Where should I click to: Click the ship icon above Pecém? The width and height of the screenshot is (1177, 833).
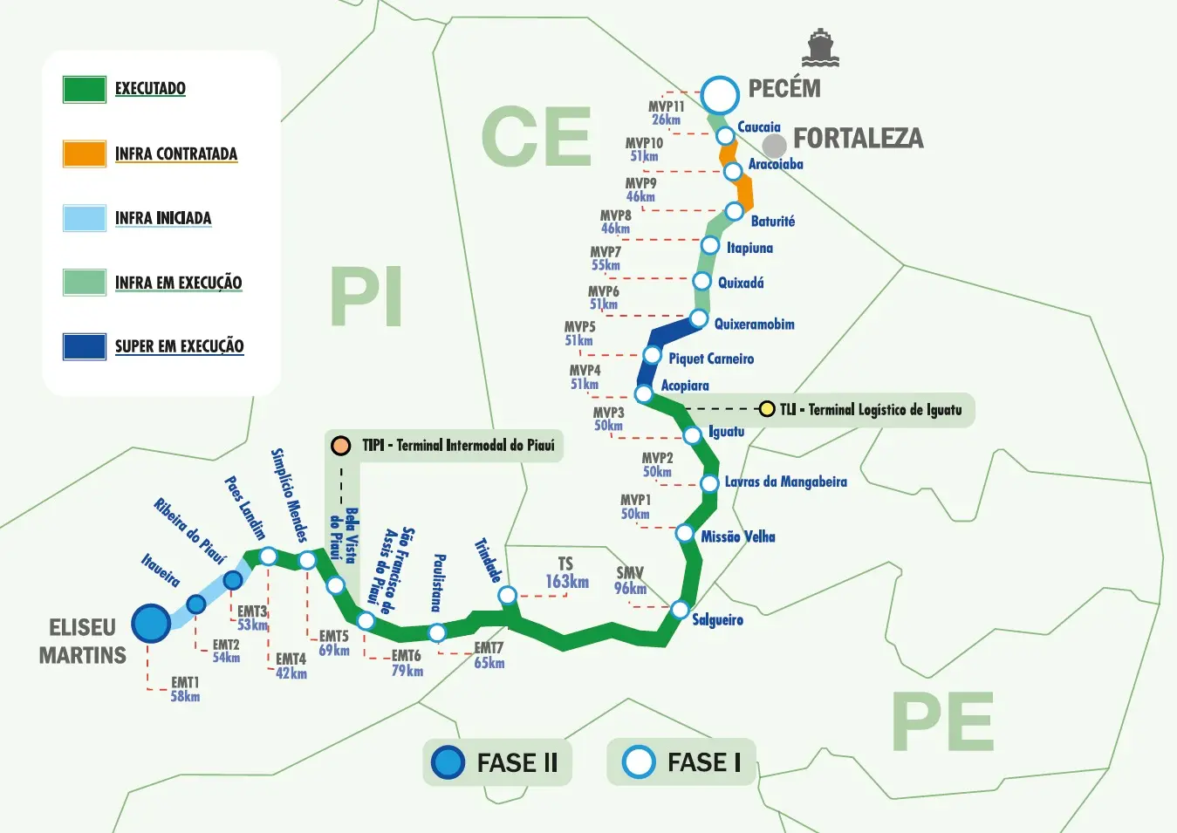(x=820, y=49)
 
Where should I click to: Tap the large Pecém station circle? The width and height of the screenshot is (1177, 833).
(x=720, y=95)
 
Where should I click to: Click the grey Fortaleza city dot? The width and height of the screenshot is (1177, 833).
(x=774, y=146)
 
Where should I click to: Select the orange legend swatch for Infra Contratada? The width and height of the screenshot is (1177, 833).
(x=85, y=154)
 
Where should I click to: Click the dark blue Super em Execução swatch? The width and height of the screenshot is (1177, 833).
(x=85, y=346)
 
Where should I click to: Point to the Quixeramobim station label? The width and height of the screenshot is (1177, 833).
(x=754, y=324)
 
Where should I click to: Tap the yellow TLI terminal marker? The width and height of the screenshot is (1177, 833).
(x=766, y=408)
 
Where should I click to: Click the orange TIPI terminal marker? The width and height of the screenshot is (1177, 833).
(x=340, y=446)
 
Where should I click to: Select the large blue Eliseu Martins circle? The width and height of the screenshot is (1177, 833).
(x=151, y=624)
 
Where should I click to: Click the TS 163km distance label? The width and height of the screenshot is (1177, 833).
(x=567, y=574)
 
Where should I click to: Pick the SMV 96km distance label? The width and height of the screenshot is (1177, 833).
(x=630, y=581)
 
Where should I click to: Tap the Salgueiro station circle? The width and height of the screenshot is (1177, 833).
(x=680, y=610)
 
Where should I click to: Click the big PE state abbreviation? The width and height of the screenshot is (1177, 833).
(x=943, y=723)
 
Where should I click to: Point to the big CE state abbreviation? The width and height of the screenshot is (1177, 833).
(x=536, y=137)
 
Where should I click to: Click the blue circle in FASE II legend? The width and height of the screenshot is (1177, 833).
(x=448, y=762)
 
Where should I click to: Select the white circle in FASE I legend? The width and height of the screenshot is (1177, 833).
(x=638, y=761)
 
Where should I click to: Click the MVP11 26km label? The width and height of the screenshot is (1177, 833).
(x=666, y=113)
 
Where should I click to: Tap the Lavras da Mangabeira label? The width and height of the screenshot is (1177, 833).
(x=785, y=481)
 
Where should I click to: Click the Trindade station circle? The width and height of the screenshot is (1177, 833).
(x=507, y=596)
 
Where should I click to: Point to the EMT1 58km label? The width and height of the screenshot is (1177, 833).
(x=185, y=689)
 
